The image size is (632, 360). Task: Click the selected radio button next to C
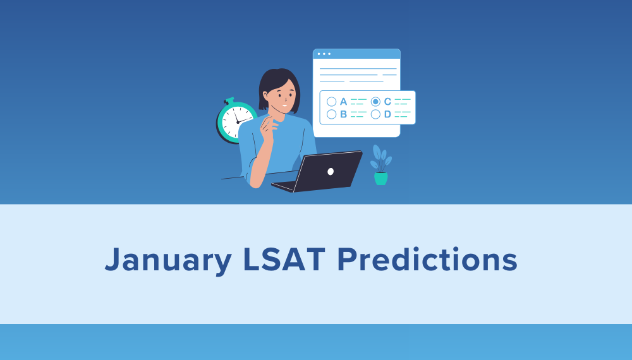tap(375, 102)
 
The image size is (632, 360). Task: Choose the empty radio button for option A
tap(331, 102)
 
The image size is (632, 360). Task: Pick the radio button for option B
tap(331, 114)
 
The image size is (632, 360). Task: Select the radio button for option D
tap(375, 114)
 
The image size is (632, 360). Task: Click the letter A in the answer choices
tap(343, 102)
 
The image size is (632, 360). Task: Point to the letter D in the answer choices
tap(387, 114)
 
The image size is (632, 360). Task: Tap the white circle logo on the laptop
tap(331, 171)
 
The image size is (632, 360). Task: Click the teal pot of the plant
tap(380, 179)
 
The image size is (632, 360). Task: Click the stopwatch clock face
tap(237, 121)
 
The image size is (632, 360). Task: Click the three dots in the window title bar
tap(324, 54)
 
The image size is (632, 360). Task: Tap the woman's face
tap(283, 98)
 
